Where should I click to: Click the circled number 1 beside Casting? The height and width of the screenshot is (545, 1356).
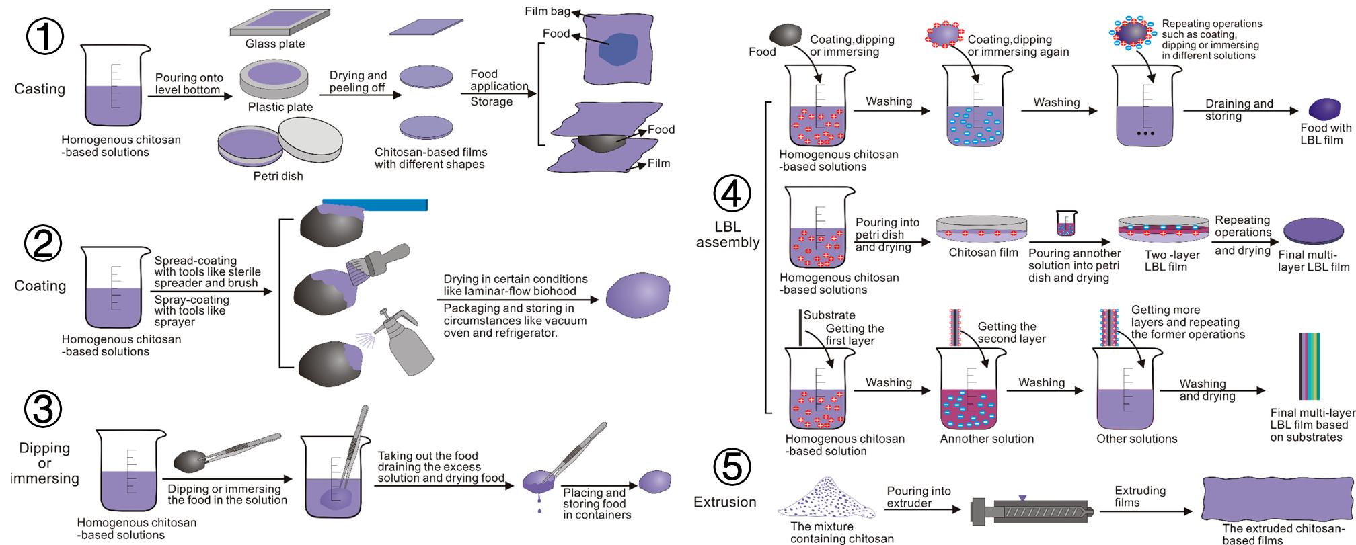coord(45,36)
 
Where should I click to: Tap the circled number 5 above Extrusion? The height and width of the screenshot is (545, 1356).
coord(730,466)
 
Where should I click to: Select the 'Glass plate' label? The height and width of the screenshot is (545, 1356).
coord(274,44)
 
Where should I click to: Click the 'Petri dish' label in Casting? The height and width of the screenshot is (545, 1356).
coord(278,176)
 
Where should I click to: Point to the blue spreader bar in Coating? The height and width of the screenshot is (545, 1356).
coord(375,204)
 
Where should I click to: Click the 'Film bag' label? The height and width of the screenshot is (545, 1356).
coord(547,11)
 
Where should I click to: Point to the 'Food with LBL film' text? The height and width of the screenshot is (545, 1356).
coord(1325,134)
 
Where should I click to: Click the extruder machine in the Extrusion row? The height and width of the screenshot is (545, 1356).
coord(1034,513)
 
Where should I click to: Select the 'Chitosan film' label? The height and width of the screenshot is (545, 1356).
coord(983,253)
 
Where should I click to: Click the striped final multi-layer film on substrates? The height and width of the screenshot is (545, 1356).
coord(1308,366)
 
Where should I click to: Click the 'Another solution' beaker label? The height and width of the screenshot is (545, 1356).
coord(986,439)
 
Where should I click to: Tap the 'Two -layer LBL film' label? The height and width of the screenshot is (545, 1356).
coord(1172,261)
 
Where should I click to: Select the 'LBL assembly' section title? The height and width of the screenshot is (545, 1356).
coord(727,235)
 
